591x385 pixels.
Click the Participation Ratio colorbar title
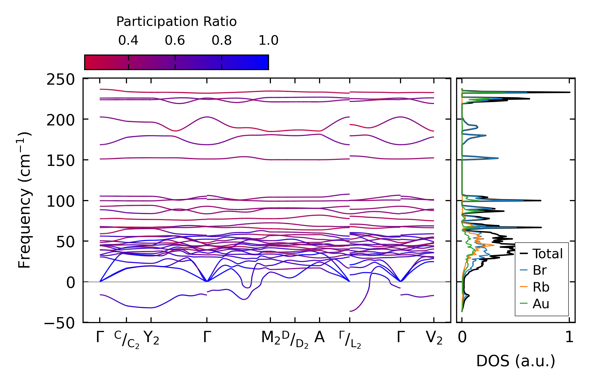(x=176, y=22)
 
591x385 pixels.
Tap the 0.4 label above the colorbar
(x=128, y=40)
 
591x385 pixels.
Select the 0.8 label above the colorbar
(x=222, y=40)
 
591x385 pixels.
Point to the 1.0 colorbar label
(x=269, y=40)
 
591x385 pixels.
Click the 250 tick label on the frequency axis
(x=61, y=79)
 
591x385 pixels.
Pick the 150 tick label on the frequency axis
(x=61, y=161)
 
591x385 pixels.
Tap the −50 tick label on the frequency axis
(x=60, y=323)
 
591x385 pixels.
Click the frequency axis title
(x=25, y=200)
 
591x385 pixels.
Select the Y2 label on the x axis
(x=151, y=338)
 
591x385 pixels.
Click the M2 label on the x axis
(x=271, y=338)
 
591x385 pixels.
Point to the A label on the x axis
(x=320, y=337)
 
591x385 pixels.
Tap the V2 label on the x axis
(x=434, y=338)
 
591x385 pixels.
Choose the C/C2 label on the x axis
(x=127, y=339)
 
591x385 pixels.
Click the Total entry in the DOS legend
(x=547, y=254)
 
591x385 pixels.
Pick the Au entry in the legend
(x=541, y=304)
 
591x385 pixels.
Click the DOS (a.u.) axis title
(x=516, y=361)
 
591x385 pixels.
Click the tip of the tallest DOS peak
(x=570, y=92)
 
